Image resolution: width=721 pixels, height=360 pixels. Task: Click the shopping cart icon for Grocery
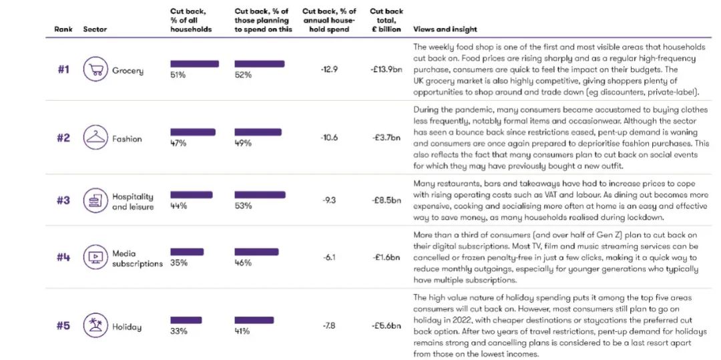[95, 69]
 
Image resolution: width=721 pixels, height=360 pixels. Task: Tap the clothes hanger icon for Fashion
[95, 138]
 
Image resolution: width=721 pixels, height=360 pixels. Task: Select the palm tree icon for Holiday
[95, 327]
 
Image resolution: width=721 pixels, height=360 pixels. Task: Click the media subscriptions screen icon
[95, 257]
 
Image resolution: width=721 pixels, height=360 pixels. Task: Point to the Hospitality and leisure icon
[95, 200]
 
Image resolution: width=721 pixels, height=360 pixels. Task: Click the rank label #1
[63, 70]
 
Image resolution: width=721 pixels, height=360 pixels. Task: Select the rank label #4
[63, 258]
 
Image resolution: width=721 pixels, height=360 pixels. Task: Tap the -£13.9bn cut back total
[386, 70]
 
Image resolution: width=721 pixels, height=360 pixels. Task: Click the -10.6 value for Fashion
[329, 138]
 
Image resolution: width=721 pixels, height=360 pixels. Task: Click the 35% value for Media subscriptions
[179, 262]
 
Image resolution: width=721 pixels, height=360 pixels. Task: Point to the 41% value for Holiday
[242, 331]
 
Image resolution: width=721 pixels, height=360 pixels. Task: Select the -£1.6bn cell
[386, 258]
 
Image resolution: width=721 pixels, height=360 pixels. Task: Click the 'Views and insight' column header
[445, 29]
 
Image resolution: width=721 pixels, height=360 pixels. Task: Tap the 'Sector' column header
[95, 29]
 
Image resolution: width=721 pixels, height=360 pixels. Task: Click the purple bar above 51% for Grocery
[194, 64]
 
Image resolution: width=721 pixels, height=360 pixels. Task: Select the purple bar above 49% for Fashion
[260, 132]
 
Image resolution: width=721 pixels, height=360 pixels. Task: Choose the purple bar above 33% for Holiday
[186, 321]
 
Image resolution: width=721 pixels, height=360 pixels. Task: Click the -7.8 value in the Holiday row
[329, 326]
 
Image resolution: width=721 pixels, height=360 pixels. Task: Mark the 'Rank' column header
[63, 29]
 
